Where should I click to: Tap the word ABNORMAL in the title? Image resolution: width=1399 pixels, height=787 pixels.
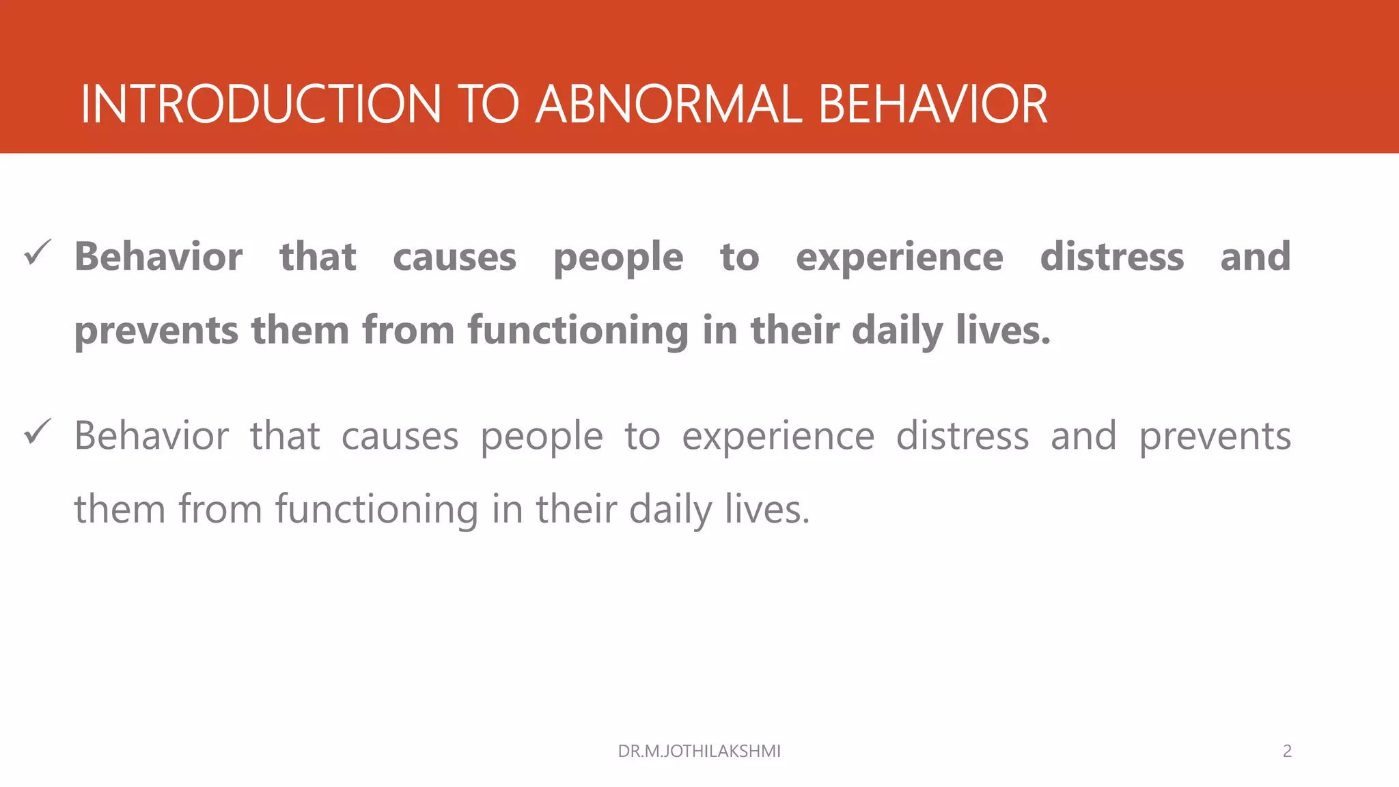(669, 105)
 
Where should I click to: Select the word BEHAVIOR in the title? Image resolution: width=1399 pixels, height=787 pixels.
(932, 105)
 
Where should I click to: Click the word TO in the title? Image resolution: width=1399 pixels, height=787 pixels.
(488, 105)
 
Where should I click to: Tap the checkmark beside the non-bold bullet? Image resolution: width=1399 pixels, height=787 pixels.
(38, 432)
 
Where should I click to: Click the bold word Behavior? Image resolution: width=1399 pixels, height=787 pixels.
(158, 257)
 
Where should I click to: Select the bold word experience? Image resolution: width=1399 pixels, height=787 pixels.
(900, 257)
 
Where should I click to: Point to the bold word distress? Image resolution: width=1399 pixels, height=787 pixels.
(1112, 257)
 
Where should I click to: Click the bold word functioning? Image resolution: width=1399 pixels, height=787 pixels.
(578, 331)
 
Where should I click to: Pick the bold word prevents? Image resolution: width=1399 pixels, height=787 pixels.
(156, 331)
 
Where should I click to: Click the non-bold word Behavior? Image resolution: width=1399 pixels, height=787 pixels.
(152, 436)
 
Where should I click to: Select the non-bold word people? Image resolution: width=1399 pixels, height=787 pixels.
(542, 437)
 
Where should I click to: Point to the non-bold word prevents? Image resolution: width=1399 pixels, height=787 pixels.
(1215, 437)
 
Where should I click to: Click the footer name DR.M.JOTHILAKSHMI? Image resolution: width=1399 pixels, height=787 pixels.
(699, 751)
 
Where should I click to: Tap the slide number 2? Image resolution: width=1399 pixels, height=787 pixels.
(1287, 751)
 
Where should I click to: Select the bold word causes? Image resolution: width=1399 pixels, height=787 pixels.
(454, 257)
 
